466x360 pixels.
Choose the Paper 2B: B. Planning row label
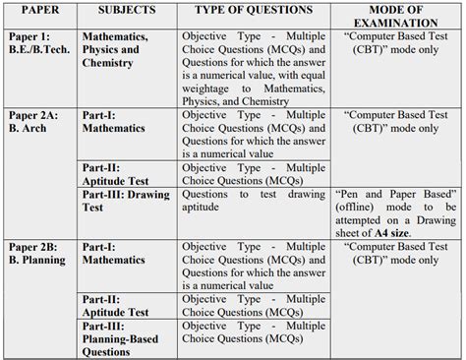pyautogui.click(x=37, y=253)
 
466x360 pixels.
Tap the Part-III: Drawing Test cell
pyautogui.click(x=126, y=201)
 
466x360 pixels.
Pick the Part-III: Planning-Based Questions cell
pyautogui.click(x=121, y=337)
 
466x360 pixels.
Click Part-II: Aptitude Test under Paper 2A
pyautogui.click(x=116, y=174)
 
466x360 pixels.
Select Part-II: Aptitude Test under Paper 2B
pyautogui.click(x=116, y=305)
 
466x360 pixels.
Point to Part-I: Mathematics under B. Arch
pyautogui.click(x=114, y=122)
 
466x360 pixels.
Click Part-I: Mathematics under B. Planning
pyautogui.click(x=114, y=253)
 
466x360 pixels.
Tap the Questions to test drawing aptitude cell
pyautogui.click(x=254, y=201)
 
